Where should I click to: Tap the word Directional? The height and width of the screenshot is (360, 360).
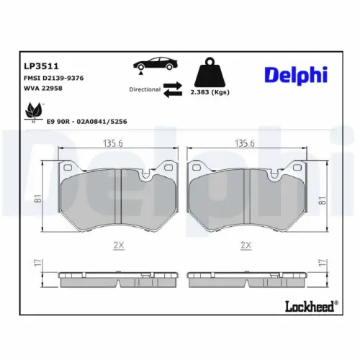(145, 91)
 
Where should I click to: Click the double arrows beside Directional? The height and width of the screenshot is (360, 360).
(172, 90)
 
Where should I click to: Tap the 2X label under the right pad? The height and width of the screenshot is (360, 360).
(246, 245)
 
